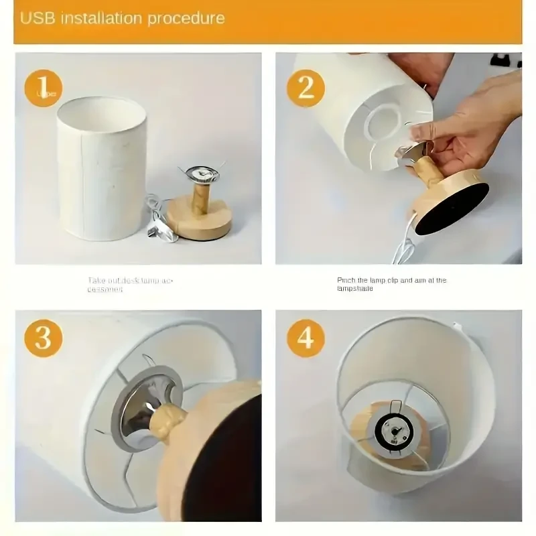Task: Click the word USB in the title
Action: point(38,18)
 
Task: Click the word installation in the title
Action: point(101,18)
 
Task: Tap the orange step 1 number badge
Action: point(43,88)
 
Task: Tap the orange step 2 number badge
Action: point(306,88)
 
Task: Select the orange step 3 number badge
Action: point(43,338)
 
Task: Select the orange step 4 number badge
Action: point(306,338)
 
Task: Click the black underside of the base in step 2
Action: point(451,208)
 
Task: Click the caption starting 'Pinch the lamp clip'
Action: point(391,284)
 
